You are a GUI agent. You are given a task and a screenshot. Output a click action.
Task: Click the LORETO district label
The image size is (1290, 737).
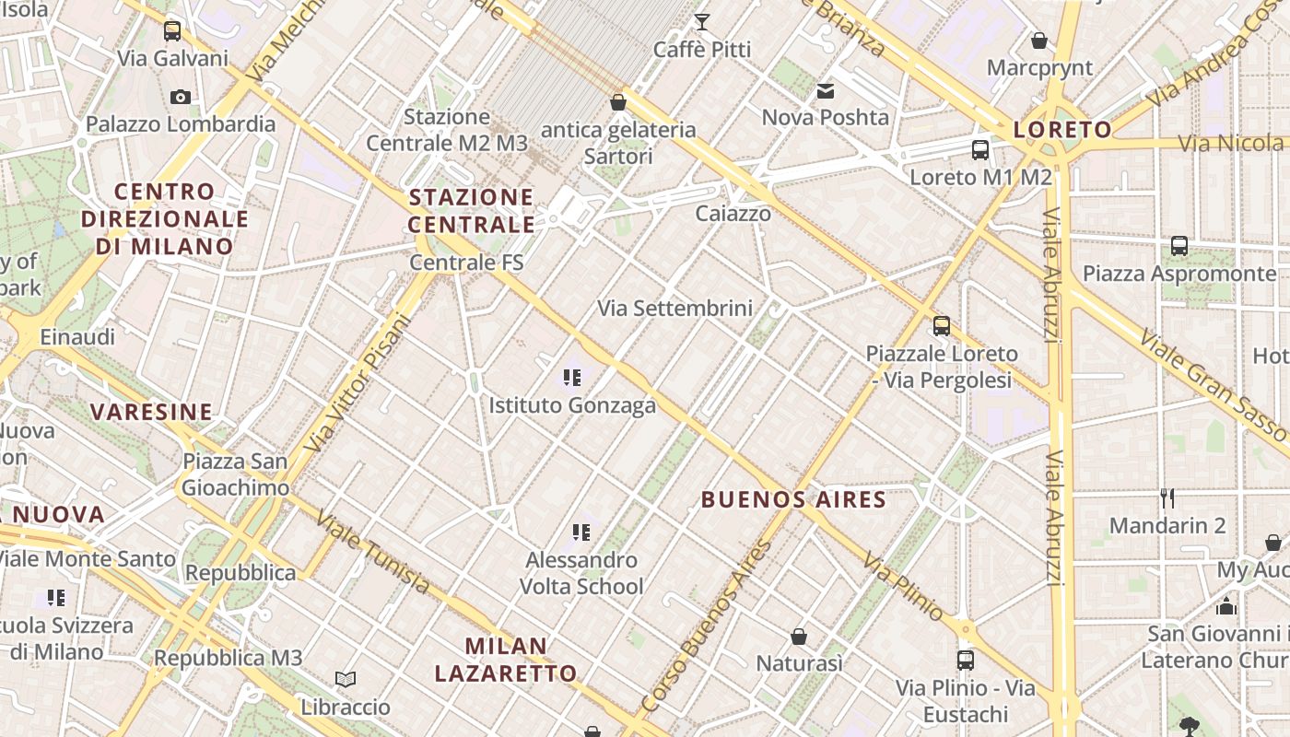1062,130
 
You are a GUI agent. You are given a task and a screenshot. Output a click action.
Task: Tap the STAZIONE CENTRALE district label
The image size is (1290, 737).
471,210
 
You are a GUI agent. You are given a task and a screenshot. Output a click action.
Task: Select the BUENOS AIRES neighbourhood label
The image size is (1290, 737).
793,500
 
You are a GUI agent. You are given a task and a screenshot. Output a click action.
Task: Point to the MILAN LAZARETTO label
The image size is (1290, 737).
506,660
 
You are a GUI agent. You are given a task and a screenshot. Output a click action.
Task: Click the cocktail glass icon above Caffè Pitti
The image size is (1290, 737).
702,22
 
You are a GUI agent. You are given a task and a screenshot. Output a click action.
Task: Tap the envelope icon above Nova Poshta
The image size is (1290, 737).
825,90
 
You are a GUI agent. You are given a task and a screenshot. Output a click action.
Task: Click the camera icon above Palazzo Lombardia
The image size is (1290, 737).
181,97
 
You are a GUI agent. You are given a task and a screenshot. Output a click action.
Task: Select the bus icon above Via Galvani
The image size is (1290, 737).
172,31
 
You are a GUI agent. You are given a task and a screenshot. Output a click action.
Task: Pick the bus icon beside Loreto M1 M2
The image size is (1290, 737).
980,149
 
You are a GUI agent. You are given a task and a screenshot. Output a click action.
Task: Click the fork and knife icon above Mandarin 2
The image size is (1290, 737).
1167,498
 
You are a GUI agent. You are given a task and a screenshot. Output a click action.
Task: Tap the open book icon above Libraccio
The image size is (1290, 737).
346,680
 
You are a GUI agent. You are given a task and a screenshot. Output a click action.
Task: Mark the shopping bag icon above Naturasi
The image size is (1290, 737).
799,637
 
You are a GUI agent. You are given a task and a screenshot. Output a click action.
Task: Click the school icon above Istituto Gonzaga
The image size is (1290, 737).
572,377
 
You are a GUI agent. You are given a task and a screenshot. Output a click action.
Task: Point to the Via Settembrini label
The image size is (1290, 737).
675,309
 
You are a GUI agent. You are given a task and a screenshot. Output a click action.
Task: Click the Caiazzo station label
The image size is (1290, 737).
733,214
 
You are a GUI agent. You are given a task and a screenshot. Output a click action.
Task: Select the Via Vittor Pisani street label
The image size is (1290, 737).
356,383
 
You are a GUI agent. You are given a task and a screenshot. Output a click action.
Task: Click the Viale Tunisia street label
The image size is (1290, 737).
372,551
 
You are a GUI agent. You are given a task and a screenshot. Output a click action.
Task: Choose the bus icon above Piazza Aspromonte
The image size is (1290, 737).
1179,246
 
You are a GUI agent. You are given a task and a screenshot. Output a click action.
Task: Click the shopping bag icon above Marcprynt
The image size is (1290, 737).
1039,41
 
